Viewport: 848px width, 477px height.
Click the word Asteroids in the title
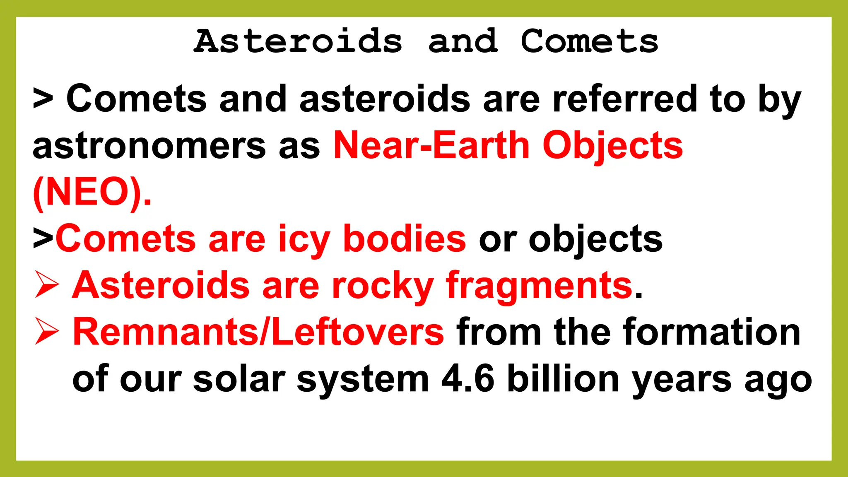298,41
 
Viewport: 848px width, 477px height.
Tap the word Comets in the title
589,41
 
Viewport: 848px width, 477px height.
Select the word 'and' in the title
463,41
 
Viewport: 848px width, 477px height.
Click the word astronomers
149,146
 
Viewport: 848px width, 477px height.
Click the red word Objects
612,146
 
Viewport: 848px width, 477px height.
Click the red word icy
304,239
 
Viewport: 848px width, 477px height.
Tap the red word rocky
383,286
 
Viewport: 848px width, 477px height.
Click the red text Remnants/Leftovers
258,332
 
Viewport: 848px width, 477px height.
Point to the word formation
712,332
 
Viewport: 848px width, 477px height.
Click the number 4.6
467,379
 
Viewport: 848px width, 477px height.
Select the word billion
563,379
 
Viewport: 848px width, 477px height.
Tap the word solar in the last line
239,379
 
